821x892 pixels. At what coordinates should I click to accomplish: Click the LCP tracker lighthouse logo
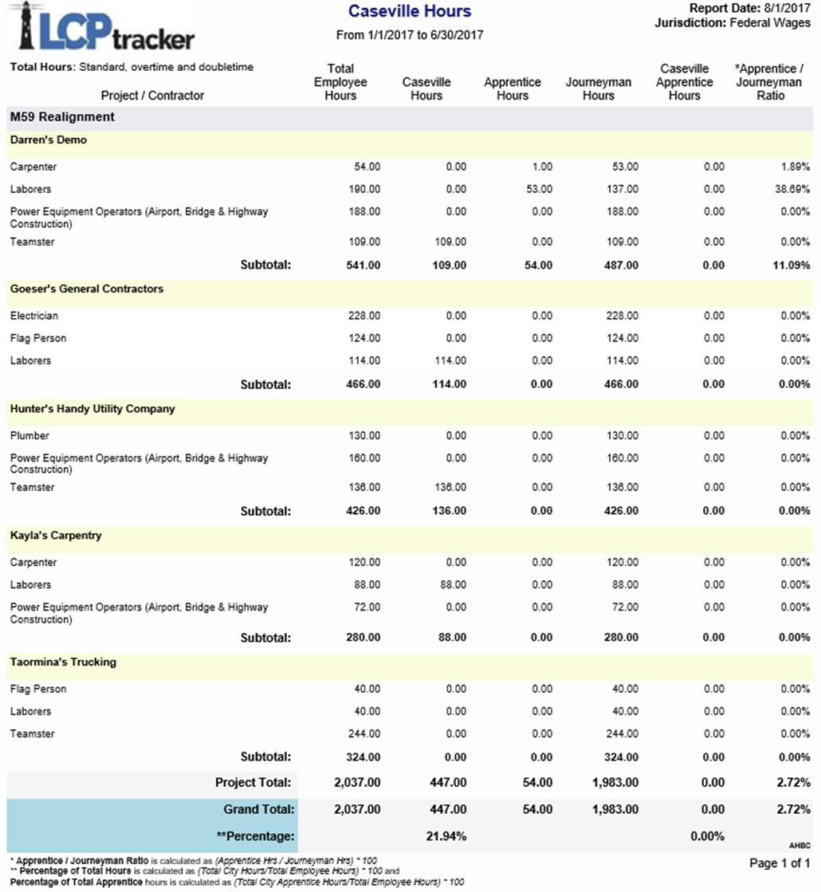(x=104, y=28)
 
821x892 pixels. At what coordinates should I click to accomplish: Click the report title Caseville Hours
(x=410, y=12)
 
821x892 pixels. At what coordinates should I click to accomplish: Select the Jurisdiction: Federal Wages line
(x=732, y=23)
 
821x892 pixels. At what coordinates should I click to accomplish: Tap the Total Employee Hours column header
(x=340, y=82)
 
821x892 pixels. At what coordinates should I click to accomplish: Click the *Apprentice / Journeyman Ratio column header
(x=770, y=82)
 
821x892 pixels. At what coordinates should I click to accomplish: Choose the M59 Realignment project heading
(x=62, y=117)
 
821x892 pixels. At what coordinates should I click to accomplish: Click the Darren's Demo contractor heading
(x=49, y=140)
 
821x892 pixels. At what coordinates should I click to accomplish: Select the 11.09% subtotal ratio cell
(x=793, y=265)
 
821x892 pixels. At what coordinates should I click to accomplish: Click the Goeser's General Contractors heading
(x=87, y=289)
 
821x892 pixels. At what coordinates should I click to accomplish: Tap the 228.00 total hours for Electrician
(x=364, y=316)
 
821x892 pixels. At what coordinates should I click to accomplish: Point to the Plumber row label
(x=29, y=436)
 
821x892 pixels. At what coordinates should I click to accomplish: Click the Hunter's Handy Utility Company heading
(x=92, y=409)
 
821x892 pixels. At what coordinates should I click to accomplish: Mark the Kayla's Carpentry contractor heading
(x=56, y=536)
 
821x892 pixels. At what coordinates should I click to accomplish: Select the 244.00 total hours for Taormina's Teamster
(x=364, y=734)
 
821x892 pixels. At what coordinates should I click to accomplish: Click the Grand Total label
(x=259, y=810)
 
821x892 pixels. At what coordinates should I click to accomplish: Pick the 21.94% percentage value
(x=446, y=837)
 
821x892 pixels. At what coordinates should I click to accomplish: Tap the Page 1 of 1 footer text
(x=780, y=863)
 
